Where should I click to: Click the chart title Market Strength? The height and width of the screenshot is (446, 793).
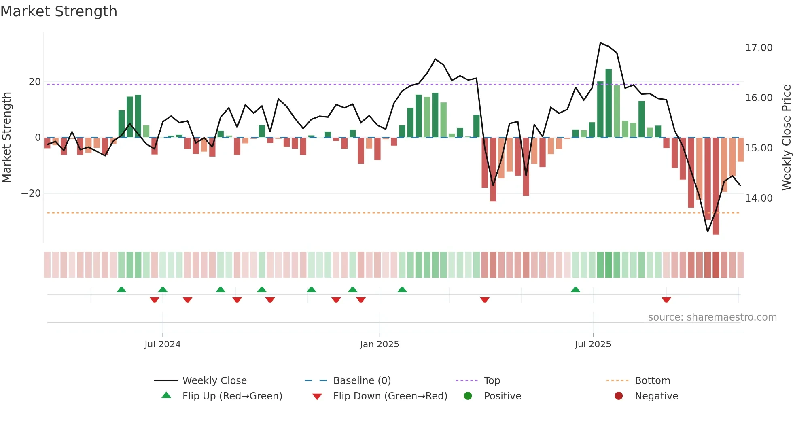tap(59, 11)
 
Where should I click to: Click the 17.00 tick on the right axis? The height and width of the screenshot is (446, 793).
tap(759, 48)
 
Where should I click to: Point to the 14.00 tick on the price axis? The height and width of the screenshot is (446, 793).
tap(759, 198)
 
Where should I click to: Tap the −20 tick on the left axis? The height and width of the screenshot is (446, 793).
tap(31, 193)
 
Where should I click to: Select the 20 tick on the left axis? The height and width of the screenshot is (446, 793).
tap(35, 82)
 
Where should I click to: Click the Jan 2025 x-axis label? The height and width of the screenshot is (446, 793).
tap(379, 344)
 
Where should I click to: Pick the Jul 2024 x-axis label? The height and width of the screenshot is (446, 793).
tap(162, 344)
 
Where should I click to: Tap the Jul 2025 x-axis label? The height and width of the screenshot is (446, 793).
tap(593, 344)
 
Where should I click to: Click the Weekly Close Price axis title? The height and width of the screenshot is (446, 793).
tap(786, 138)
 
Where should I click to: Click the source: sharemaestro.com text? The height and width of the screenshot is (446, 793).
tap(712, 317)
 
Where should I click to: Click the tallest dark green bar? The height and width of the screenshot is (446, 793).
tap(609, 103)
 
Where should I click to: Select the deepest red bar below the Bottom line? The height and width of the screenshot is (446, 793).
tap(716, 186)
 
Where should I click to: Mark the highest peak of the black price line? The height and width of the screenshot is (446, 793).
tap(600, 43)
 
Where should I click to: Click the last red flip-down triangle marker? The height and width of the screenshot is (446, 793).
tap(666, 300)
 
